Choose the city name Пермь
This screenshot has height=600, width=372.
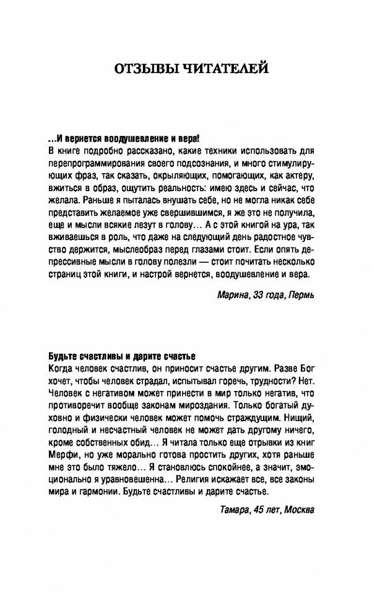(301, 294)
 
